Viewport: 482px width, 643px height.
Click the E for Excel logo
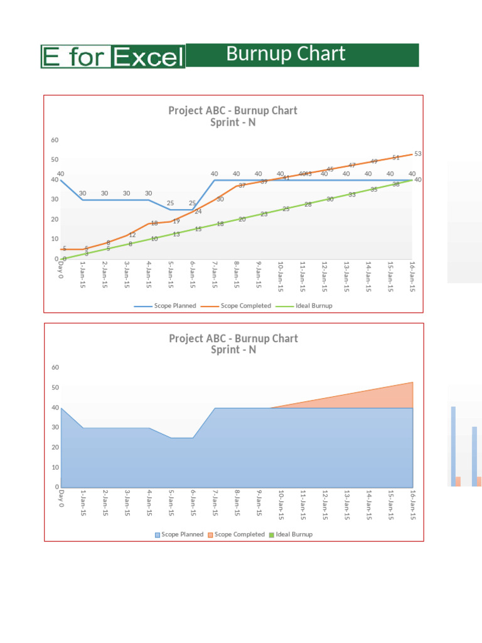(x=113, y=57)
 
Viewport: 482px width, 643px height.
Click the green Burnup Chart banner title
(x=286, y=55)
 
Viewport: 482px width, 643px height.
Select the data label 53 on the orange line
(x=418, y=153)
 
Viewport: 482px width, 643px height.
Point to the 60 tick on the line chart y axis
(x=55, y=139)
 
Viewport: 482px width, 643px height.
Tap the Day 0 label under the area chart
(x=61, y=499)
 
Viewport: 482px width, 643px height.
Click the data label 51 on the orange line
(x=396, y=158)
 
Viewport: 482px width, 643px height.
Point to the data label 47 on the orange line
(x=352, y=165)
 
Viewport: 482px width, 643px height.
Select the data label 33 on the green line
(x=352, y=195)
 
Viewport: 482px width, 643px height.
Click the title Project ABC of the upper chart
(x=232, y=111)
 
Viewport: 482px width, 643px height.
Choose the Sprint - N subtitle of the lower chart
(x=233, y=350)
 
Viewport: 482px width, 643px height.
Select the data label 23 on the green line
(x=264, y=214)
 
